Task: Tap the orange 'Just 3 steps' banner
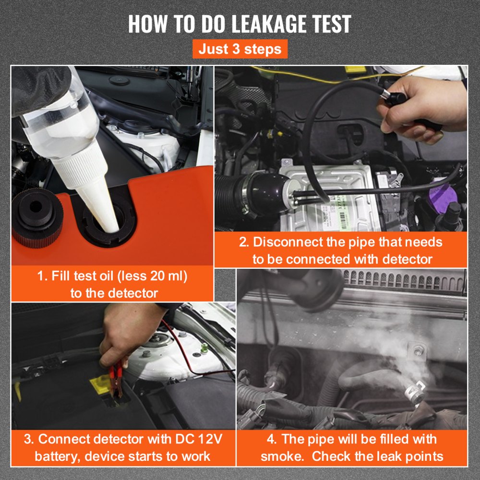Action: tap(240, 49)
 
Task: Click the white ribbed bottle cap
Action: tap(80, 168)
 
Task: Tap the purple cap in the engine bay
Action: tap(443, 195)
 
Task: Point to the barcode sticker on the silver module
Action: tap(343, 219)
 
